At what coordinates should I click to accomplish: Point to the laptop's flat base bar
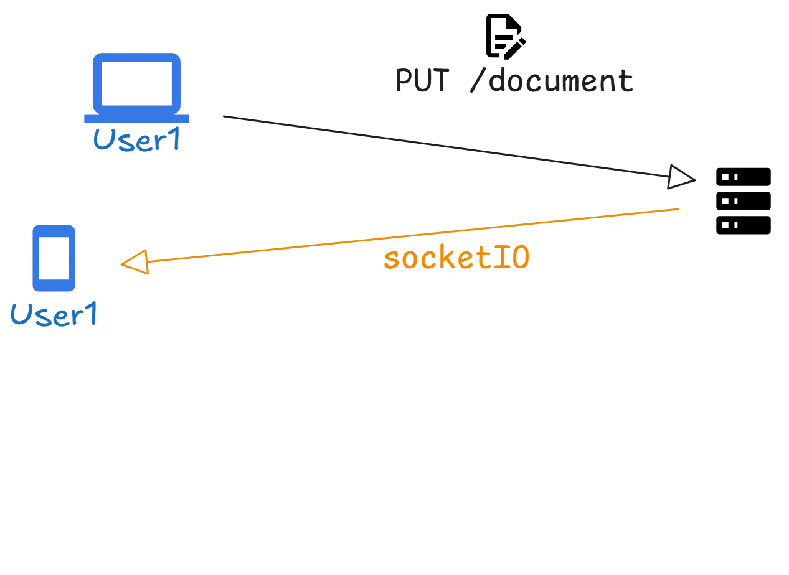pos(137,118)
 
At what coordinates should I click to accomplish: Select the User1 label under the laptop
pos(136,139)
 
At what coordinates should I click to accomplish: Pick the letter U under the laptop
pos(102,139)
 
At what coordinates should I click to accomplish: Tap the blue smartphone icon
pos(53,258)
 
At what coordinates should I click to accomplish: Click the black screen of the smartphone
pos(53,257)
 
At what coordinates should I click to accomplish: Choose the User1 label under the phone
pos(55,315)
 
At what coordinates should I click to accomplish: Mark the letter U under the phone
pos(21,315)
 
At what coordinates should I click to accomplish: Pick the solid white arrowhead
pos(680,177)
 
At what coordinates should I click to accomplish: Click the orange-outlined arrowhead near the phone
pos(135,262)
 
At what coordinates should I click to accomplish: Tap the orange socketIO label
pos(456,258)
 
